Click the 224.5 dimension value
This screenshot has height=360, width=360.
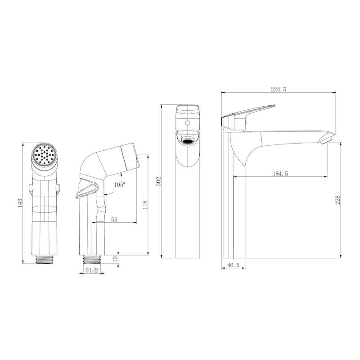278,89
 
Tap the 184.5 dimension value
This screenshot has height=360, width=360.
280,174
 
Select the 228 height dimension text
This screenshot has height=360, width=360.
337,200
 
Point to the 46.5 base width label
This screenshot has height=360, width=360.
233,265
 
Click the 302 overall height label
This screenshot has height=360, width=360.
159,181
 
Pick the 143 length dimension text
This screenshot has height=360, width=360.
20,203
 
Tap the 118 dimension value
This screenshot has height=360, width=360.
145,205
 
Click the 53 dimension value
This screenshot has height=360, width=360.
114,220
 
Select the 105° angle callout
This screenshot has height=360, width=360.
120,184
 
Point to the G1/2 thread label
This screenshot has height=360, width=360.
92,270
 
